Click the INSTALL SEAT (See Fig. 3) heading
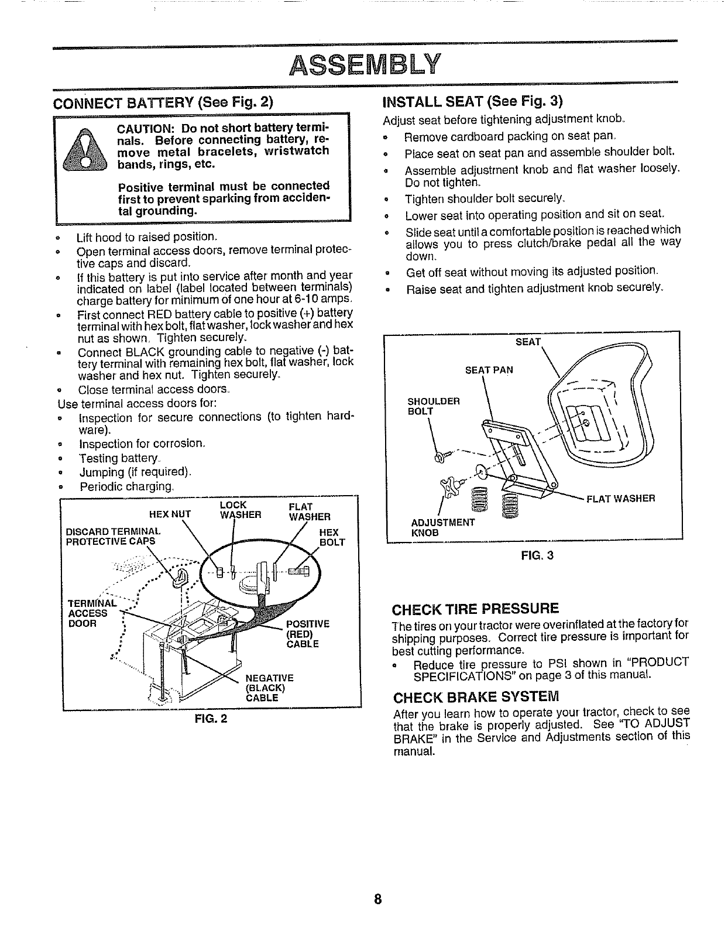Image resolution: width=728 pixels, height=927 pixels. pyautogui.click(x=472, y=101)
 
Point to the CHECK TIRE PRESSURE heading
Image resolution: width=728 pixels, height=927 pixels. pyautogui.click(x=475, y=607)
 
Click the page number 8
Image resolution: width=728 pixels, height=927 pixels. pyautogui.click(x=378, y=899)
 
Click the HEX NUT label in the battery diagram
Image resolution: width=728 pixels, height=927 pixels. pyautogui.click(x=170, y=515)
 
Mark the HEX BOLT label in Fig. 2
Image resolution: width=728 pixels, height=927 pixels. pyautogui.click(x=331, y=537)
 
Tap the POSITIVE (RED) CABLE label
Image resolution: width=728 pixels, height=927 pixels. pyautogui.click(x=302, y=634)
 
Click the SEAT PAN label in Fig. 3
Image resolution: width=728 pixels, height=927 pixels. pyautogui.click(x=489, y=370)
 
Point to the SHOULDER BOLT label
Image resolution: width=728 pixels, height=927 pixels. pyautogui.click(x=434, y=406)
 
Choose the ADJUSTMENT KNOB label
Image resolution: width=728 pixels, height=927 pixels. pyautogui.click(x=443, y=527)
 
